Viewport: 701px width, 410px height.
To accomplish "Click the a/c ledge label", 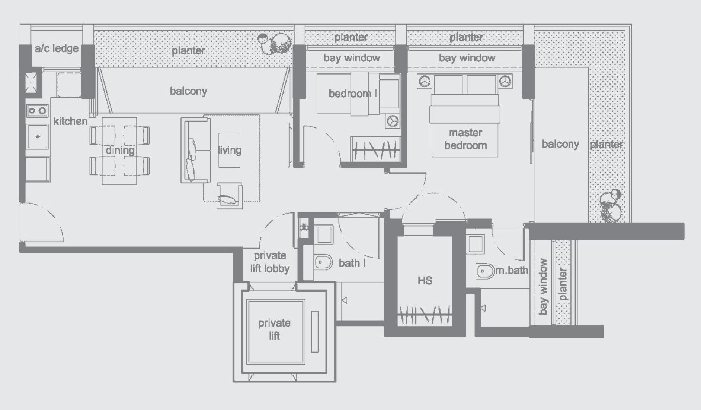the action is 57,48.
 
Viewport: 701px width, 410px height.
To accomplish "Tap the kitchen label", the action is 70,121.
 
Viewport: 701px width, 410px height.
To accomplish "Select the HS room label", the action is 425,280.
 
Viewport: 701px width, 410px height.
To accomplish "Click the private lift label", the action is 274,329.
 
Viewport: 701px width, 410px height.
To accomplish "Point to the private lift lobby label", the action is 270,262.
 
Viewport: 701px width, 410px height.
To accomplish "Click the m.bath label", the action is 512,270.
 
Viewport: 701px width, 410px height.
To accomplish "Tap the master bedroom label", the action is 465,139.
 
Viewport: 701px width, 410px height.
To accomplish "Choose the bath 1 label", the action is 352,263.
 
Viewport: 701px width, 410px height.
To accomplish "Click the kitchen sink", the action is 38,137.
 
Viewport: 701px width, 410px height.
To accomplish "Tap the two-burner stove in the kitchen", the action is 37,111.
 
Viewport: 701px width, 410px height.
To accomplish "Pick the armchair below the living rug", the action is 230,196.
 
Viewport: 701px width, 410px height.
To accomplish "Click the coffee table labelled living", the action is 229,150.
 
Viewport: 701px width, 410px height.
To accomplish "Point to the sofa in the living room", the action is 195,150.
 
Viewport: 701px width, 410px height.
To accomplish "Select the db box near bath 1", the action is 304,227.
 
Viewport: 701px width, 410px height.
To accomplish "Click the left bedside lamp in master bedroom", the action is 425,81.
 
